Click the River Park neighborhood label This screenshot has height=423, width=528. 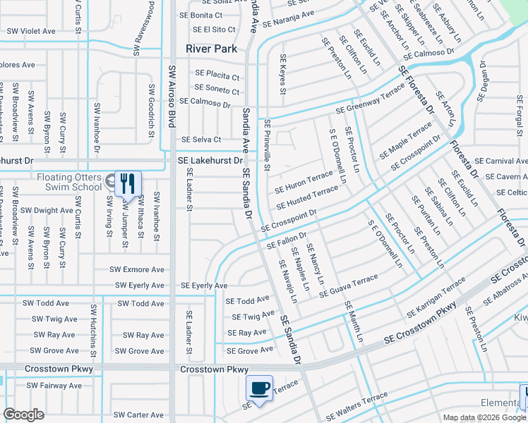coord(211,49)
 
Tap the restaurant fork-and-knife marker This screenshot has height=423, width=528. coord(127,184)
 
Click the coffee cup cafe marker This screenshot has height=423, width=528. coord(259,388)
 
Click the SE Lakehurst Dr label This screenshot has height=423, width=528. coord(210,161)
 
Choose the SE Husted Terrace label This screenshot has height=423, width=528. coord(308,197)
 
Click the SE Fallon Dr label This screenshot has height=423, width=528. coord(287,241)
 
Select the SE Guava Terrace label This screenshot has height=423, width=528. coord(349,287)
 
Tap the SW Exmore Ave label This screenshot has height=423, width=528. coord(137,269)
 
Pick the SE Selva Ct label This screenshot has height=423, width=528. coord(202,140)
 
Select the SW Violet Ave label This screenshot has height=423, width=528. coord(31,31)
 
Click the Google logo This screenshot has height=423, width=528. coord(24,415)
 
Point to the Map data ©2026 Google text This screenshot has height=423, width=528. coord(484,417)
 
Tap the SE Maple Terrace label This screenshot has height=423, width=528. coord(405,140)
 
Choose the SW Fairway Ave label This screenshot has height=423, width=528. coord(54,386)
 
